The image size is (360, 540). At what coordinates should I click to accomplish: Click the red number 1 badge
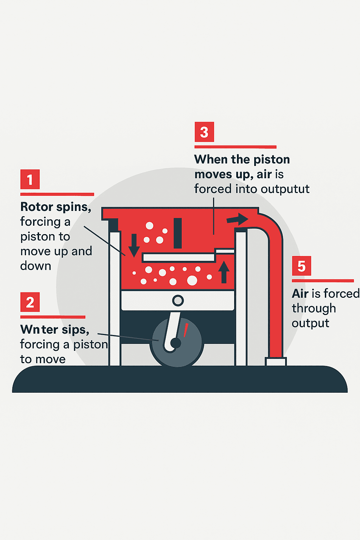30,179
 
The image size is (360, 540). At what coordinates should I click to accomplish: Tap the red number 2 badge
30,302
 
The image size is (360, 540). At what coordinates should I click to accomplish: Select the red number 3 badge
204,132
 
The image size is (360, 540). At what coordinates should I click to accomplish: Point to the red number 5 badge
301,266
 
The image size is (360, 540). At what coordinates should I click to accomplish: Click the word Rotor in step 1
37,207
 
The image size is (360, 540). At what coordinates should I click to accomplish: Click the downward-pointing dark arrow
134,245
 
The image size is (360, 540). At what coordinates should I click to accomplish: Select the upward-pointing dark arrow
224,272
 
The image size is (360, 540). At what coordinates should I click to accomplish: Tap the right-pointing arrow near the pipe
237,219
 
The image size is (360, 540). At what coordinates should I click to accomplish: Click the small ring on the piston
178,301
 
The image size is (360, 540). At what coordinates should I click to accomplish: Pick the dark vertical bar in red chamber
178,233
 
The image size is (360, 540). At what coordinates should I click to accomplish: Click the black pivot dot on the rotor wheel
175,343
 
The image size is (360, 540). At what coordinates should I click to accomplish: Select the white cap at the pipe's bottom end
276,362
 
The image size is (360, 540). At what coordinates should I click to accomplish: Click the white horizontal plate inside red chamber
179,258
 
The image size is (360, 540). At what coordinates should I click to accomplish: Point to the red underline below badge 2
53,317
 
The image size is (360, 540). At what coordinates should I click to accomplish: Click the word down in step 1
36,266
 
